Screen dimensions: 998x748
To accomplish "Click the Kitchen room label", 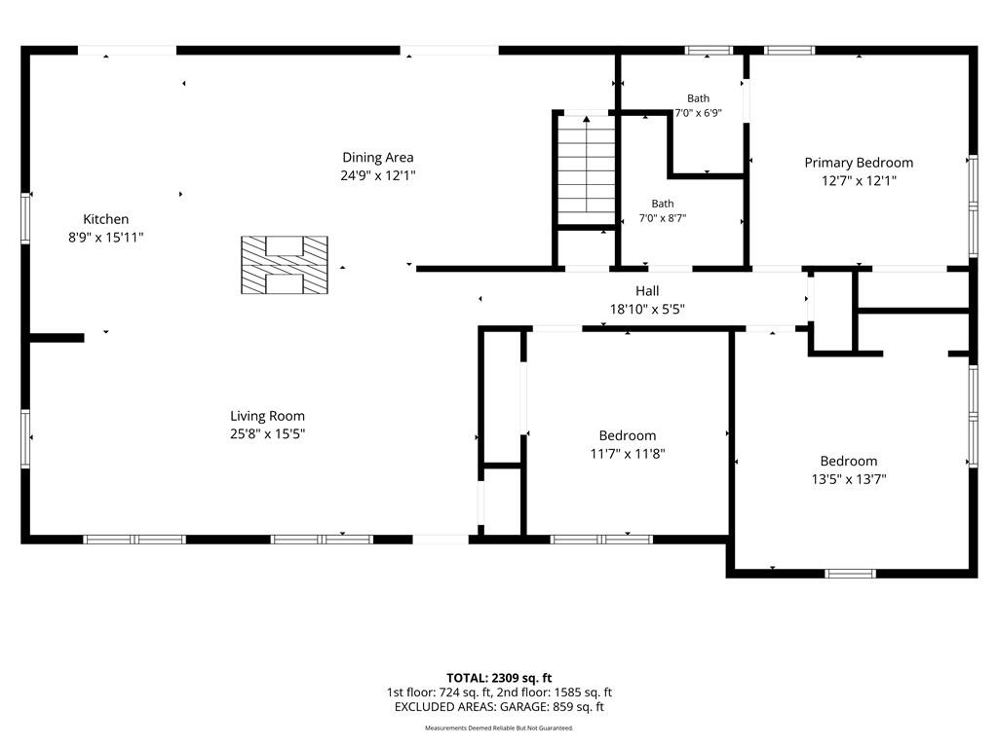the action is coord(105,219).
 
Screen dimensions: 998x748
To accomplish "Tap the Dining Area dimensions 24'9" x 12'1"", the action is coord(378,175).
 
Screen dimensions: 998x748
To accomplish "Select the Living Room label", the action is coord(267,416).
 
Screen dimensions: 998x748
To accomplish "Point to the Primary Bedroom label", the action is coord(859,163).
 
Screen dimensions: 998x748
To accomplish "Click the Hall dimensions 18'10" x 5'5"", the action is coord(647,309).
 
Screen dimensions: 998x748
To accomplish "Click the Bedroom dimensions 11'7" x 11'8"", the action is coord(628,454).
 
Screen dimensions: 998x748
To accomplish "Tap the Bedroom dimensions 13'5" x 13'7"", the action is coord(849,479).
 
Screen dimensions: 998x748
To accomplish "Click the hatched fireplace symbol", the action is coord(285,265).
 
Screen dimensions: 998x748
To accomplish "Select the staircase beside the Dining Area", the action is coord(586,169).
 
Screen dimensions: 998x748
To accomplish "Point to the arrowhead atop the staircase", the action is coord(586,118).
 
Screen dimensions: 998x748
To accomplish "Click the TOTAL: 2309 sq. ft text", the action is coord(499,678).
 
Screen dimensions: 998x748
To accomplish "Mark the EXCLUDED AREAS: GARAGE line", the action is coord(499,707).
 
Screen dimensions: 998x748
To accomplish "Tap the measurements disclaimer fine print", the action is coord(499,728).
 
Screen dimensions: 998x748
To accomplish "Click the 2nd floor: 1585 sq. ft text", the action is coord(554,692).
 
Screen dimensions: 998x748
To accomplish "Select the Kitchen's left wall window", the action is coord(25,218).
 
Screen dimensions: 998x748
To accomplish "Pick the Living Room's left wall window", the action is coord(25,439).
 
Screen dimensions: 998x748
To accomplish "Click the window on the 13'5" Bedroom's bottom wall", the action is coord(850,574).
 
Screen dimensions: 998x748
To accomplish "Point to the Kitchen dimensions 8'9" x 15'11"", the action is coord(105,238).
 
